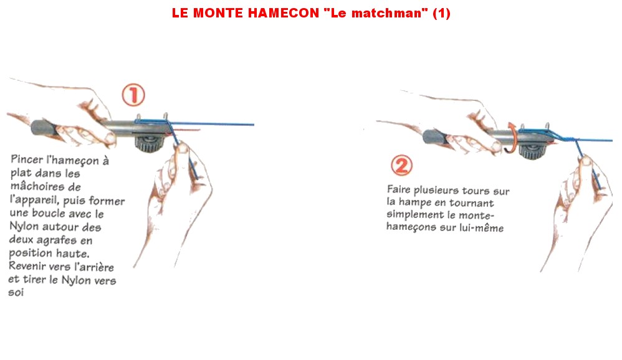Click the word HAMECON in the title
pos(283,12)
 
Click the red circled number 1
pos(133,95)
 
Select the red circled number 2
pos(401,165)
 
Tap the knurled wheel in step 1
pos(149,143)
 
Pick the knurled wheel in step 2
pos(532,151)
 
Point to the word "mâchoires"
pos(36,186)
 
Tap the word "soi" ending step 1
pos(16,293)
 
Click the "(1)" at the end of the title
pos(441,12)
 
